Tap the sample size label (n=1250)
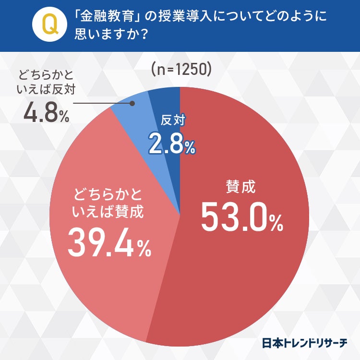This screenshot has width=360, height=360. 180,70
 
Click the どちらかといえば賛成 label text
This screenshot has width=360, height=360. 109,204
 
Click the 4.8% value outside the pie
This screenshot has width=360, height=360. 46,113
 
